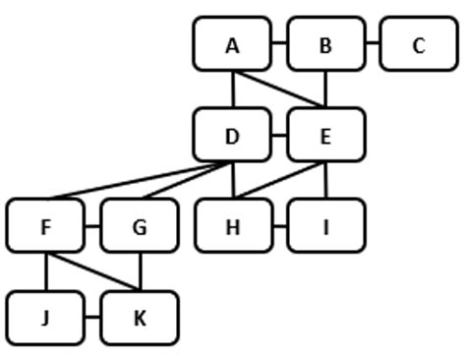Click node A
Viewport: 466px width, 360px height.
[x=232, y=44]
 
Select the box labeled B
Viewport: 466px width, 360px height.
[x=325, y=44]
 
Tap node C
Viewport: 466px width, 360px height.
[x=418, y=44]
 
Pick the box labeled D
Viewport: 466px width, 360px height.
[x=232, y=136]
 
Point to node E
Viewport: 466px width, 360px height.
[x=325, y=136]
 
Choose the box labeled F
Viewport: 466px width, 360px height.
[x=45, y=226]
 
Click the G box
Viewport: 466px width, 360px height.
[x=139, y=226]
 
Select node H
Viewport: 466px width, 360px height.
[x=233, y=226]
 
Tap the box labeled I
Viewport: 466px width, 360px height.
[x=325, y=226]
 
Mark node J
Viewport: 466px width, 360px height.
[x=45, y=318]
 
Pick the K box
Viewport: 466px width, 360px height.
[x=139, y=318]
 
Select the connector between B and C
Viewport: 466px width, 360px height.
[x=373, y=44]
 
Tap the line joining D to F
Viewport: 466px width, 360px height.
[x=138, y=180]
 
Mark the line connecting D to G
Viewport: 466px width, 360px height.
[x=184, y=180]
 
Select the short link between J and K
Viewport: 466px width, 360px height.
[x=92, y=318]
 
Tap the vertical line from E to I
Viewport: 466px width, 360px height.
[x=325, y=180]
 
